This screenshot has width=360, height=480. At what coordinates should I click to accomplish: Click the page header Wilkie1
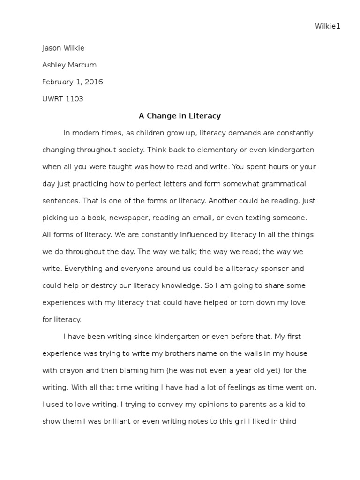(x=327, y=26)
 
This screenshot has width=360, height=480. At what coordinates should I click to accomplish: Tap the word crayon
(x=71, y=370)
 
